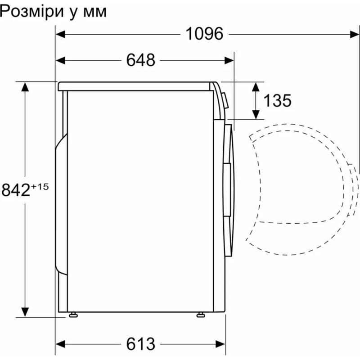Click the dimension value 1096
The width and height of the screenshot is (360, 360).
(x=204, y=34)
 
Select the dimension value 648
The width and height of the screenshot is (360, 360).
(x=140, y=60)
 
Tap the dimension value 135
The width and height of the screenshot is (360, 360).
(x=277, y=101)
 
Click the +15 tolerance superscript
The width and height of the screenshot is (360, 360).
(x=40, y=186)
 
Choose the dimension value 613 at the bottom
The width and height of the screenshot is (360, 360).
(x=140, y=344)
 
